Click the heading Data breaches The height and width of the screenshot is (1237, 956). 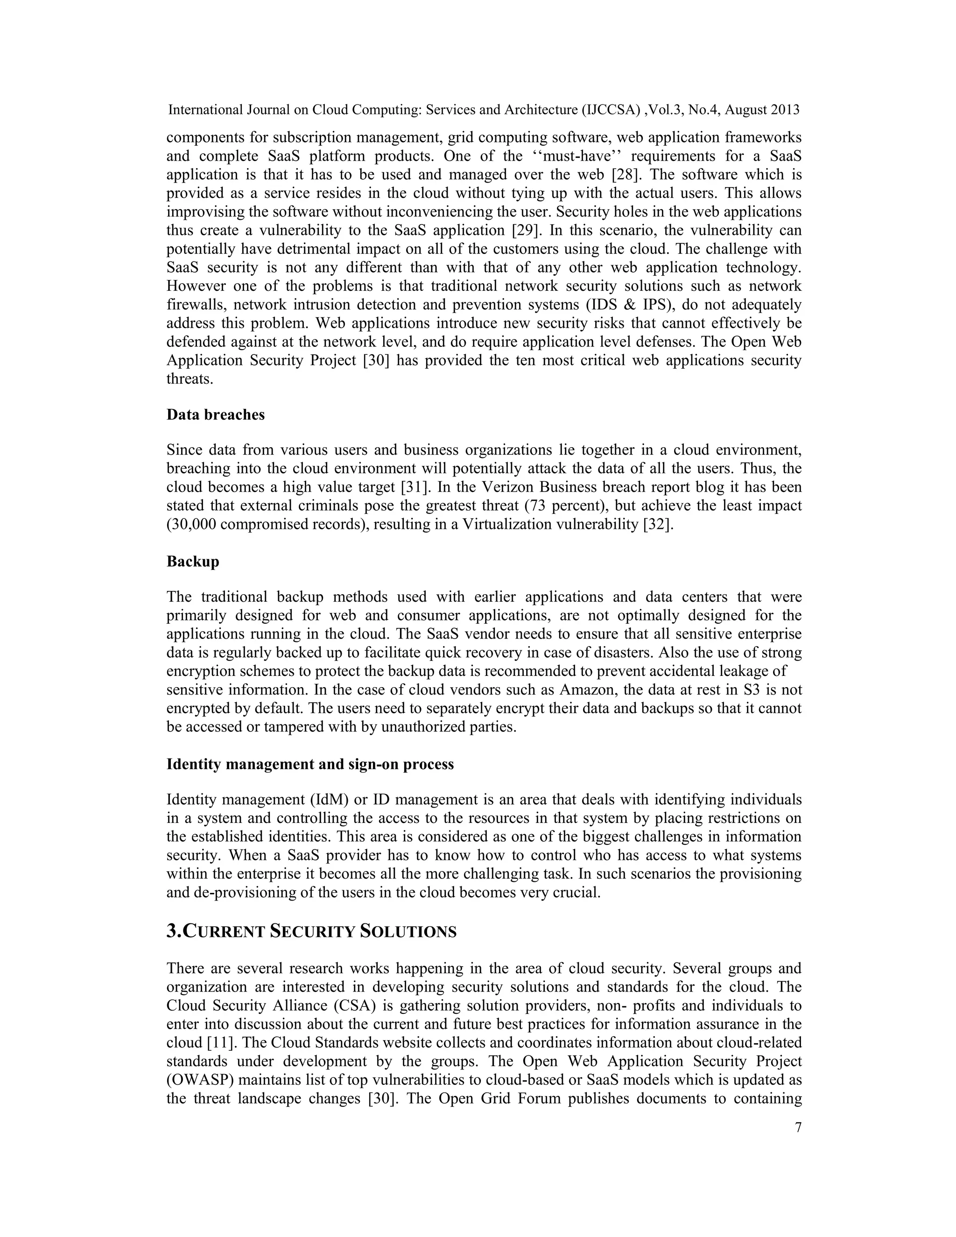215,415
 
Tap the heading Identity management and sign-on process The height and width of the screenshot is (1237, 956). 310,764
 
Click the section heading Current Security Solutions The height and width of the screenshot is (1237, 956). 311,932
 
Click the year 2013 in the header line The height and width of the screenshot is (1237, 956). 785,110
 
